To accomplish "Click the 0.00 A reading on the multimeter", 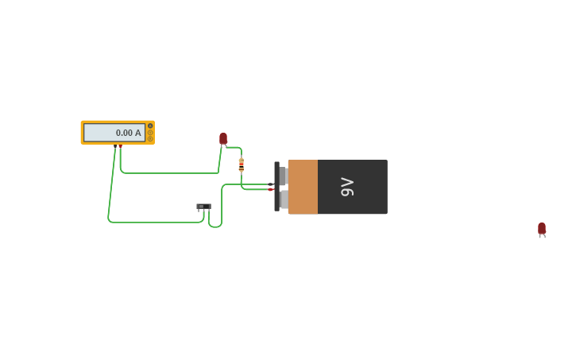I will coord(128,133).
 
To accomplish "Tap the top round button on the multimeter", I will coord(150,126).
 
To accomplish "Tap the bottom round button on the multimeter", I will coord(150,139).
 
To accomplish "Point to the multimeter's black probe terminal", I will coord(115,146).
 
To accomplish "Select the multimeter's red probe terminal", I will coord(120,146).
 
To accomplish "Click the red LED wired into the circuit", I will coord(223,138).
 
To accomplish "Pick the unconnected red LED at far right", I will coord(542,228).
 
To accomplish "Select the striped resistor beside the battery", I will coord(242,165).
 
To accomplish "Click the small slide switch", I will coord(203,207).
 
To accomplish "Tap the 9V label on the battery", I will coord(347,187).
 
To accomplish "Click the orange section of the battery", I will coord(303,187).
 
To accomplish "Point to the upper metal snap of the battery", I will coord(283,176).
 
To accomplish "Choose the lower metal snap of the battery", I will coord(284,199).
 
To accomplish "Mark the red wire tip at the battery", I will coord(271,189).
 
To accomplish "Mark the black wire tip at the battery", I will coord(271,184).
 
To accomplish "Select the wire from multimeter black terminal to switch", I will coord(151,222).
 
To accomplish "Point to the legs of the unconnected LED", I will coord(542,236).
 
